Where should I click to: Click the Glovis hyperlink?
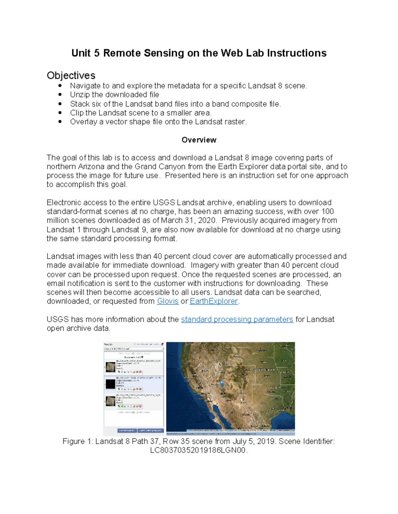[x=167, y=301]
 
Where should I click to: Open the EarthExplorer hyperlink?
[x=214, y=301]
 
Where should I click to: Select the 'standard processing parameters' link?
[x=237, y=319]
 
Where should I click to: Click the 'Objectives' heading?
[x=71, y=75]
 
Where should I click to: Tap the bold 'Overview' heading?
[x=199, y=140]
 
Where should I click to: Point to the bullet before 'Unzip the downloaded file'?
[x=60, y=95]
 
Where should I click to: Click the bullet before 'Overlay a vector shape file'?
[x=60, y=122]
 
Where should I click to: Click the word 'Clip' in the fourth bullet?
[x=76, y=113]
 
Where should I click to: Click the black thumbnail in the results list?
[x=110, y=384]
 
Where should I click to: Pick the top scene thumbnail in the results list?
[x=110, y=367]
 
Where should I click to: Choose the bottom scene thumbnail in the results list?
[x=110, y=401]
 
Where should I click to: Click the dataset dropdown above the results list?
[x=134, y=349]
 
